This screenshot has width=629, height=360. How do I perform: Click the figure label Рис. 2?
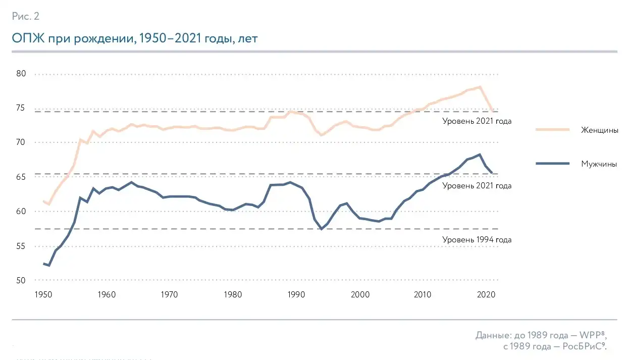tap(25, 16)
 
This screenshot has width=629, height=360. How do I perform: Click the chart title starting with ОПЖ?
tap(135, 39)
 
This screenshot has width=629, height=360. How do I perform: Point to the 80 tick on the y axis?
tap(20, 74)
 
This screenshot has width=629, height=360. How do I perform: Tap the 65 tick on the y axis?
tap(20, 177)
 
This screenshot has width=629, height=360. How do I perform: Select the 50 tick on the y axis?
tap(20, 280)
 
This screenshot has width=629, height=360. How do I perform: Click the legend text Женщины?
tap(600, 130)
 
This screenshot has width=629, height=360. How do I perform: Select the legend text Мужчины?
tap(599, 164)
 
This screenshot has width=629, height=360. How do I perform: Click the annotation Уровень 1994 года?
tap(477, 240)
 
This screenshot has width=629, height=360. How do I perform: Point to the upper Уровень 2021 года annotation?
tap(477, 121)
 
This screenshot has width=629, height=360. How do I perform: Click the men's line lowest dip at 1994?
tap(321, 229)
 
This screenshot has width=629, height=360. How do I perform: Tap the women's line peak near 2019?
tap(479, 87)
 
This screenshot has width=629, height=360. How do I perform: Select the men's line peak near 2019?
tap(479, 155)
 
